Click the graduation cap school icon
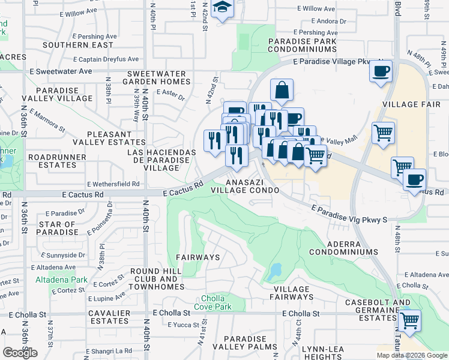coord(223,8)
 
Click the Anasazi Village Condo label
coord(245,185)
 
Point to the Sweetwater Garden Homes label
coord(157,78)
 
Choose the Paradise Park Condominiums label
coord(303,45)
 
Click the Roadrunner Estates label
coord(57,161)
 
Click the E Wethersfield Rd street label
coord(113,184)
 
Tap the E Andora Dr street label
coord(322,21)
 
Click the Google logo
coord(20,353)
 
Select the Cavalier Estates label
coord(109,317)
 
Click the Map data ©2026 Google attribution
coord(411,355)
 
